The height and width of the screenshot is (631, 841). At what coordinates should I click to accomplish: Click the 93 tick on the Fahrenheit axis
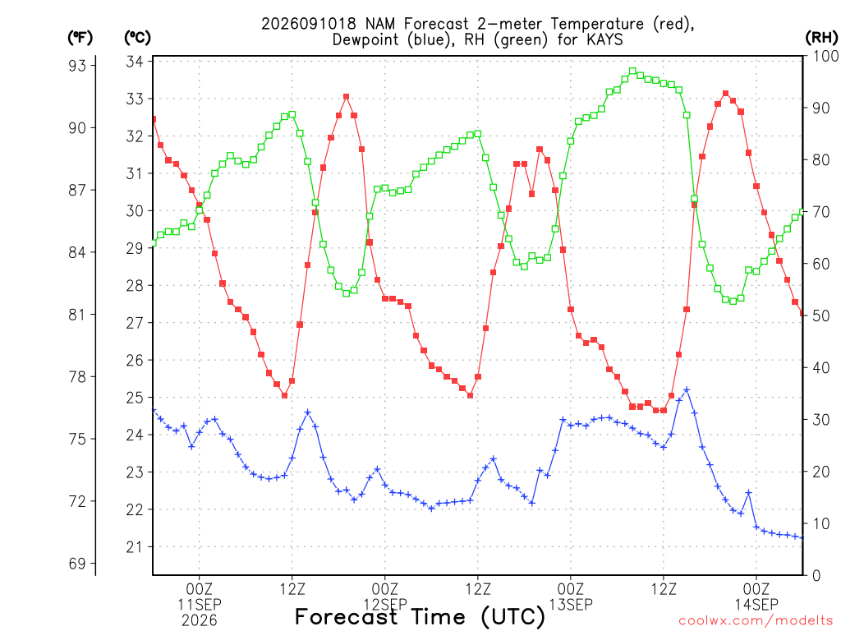(x=77, y=66)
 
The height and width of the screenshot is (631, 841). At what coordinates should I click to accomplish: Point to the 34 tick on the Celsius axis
(x=134, y=62)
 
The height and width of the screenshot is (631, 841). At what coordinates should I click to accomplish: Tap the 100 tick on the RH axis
(x=825, y=56)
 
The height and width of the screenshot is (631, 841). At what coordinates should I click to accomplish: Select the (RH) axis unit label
(x=821, y=37)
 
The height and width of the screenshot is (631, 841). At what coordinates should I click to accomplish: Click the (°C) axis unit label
(x=137, y=37)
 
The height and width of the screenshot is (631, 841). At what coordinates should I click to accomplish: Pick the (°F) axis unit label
(x=80, y=37)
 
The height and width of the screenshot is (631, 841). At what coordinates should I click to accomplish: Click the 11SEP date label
(x=200, y=604)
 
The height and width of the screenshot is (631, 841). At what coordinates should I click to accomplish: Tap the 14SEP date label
(x=756, y=604)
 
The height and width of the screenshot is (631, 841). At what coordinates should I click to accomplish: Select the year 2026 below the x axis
(x=200, y=620)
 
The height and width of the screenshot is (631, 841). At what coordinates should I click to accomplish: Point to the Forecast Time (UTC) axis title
(x=420, y=616)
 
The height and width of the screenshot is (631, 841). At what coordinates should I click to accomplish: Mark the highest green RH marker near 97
(x=632, y=71)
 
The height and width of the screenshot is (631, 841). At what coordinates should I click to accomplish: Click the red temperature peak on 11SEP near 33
(x=346, y=97)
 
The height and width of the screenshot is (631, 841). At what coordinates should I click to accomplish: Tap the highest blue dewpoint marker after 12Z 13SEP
(x=687, y=390)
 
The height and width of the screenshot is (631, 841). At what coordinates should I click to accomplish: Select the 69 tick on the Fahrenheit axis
(x=77, y=564)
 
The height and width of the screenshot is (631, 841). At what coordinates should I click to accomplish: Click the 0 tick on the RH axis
(x=816, y=576)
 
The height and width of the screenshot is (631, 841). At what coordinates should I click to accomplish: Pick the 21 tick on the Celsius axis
(x=134, y=547)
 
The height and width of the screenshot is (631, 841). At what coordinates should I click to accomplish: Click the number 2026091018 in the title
(x=309, y=24)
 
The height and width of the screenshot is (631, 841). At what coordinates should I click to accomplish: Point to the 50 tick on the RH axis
(x=821, y=316)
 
